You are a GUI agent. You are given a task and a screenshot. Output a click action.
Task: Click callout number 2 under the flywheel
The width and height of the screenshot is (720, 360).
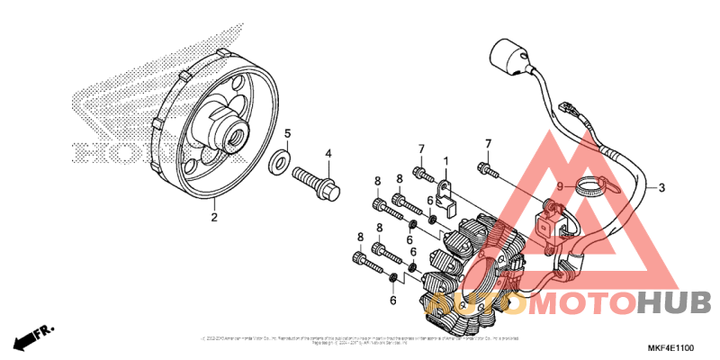point(214,217)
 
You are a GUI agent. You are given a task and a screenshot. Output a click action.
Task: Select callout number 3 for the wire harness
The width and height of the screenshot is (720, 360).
point(661,188)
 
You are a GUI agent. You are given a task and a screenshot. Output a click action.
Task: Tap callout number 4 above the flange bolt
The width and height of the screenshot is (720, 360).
point(328,154)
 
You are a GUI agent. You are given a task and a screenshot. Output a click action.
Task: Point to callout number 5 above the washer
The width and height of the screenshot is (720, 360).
point(288,135)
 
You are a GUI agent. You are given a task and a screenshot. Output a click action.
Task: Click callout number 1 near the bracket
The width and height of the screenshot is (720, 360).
point(444,162)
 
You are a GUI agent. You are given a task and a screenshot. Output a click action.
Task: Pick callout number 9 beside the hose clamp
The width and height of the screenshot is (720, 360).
point(559,187)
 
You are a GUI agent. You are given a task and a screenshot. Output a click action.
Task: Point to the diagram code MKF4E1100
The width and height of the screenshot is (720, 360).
point(670,347)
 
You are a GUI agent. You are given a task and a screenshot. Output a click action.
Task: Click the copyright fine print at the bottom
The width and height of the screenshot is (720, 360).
point(360,340)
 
